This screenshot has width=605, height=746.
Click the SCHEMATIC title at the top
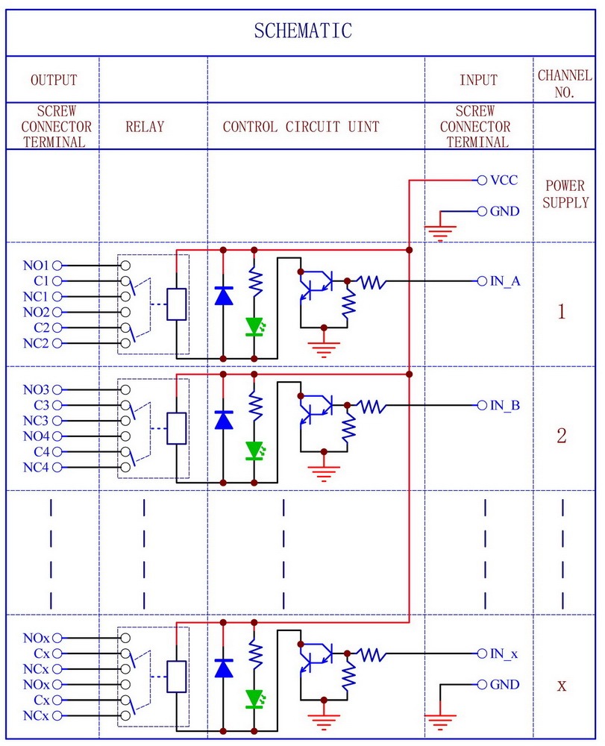coord(302,31)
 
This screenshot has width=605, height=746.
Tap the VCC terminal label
coord(504,181)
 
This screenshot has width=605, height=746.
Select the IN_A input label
coord(505,281)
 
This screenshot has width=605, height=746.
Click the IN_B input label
coord(505,405)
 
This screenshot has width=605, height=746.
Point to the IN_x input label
coord(504,653)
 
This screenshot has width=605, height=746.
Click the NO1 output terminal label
coord(35,266)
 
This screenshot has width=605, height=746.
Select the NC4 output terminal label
coord(35,468)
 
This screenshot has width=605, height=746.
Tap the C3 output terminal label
coord(41,405)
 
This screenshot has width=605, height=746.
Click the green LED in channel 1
coord(254,326)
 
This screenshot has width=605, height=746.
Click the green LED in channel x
coord(254,698)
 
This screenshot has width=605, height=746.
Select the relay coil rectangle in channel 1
coord(176,304)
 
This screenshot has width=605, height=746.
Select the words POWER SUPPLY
coord(565,194)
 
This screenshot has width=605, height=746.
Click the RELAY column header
coord(145,127)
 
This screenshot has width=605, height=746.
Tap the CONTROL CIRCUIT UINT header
coord(301,127)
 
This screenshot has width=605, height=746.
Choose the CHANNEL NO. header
coord(565,84)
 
